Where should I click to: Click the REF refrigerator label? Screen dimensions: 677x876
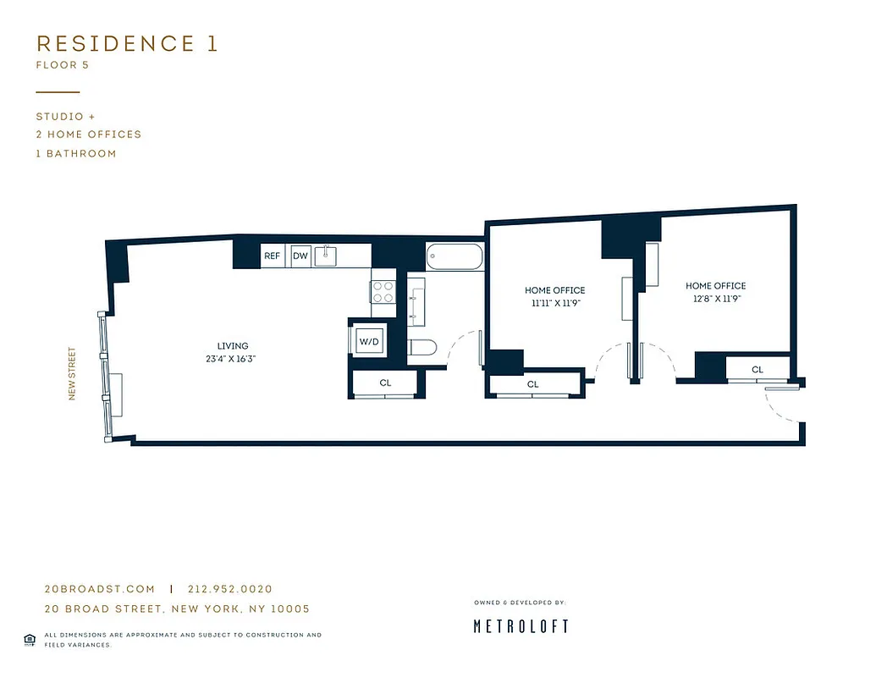tap(272, 256)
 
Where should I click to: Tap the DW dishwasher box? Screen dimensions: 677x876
tap(300, 256)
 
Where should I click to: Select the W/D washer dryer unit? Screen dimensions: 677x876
tap(370, 342)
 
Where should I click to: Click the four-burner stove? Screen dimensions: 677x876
tap(383, 292)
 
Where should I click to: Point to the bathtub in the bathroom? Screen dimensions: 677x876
tap(455, 256)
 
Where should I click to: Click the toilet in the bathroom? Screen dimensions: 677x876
tap(421, 347)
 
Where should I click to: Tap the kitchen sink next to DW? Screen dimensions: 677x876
tap(327, 256)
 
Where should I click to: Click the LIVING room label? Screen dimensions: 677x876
tap(233, 346)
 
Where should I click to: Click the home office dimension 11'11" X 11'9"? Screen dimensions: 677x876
tap(554, 303)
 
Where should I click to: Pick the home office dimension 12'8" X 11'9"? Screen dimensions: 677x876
tap(715, 299)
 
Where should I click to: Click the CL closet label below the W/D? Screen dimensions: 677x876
tap(385, 383)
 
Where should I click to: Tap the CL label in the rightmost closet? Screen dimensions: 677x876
tap(758, 370)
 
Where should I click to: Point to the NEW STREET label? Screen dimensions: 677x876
tap(73, 373)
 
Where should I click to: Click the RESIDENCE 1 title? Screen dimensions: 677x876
tap(127, 44)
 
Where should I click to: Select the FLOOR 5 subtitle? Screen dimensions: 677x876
tap(63, 64)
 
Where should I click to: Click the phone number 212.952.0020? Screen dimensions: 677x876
tap(230, 589)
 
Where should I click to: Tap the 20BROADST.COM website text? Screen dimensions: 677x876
tap(100, 589)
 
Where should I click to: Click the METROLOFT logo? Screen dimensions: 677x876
tap(521, 626)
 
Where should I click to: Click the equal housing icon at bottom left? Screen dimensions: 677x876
tap(30, 639)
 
